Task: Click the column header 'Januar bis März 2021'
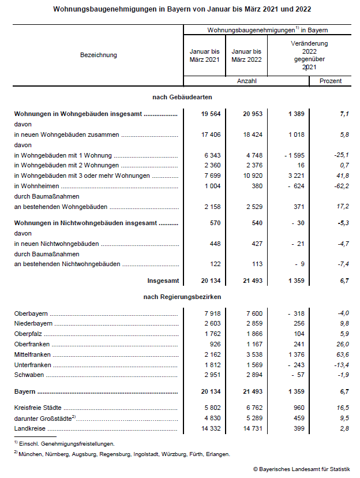[x=205, y=55]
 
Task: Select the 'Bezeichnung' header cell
[x=99, y=55]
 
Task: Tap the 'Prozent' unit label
[x=331, y=81]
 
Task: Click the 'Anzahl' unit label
[x=247, y=81]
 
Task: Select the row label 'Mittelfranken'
[x=32, y=354]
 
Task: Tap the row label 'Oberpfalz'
[x=28, y=334]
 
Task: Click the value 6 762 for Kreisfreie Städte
[x=252, y=408]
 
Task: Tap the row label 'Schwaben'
[x=27, y=375]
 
